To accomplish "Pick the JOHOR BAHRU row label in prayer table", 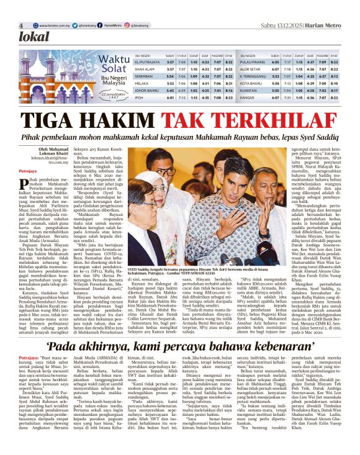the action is pos(146,90).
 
